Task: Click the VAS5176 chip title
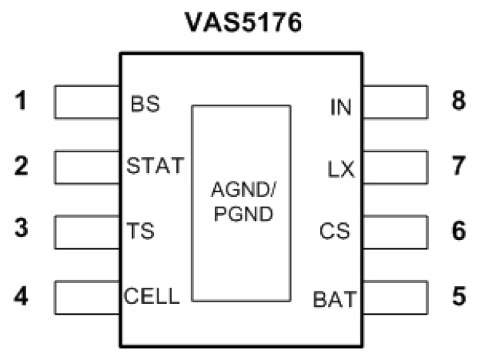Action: (241, 22)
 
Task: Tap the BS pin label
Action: (146, 104)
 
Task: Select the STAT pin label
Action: (155, 165)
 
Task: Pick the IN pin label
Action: (340, 105)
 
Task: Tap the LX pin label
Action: (340, 168)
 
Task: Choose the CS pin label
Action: (336, 231)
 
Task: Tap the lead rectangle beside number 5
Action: (394, 296)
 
